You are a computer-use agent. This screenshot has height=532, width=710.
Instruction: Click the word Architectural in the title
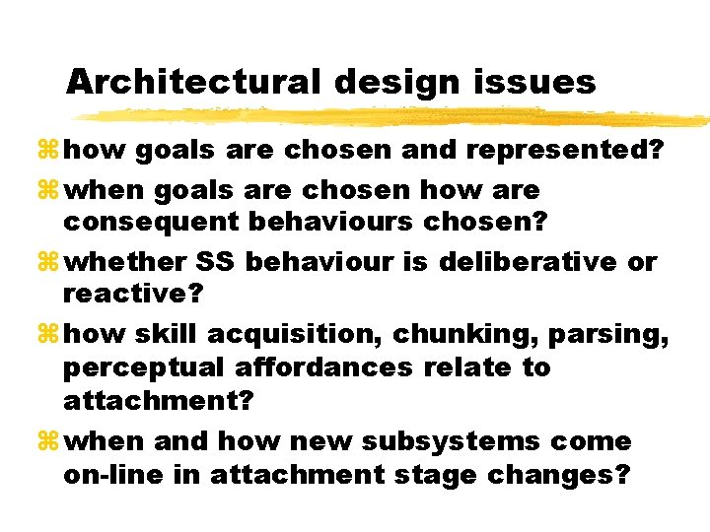193,82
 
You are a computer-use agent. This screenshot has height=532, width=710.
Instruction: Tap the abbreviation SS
215,263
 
